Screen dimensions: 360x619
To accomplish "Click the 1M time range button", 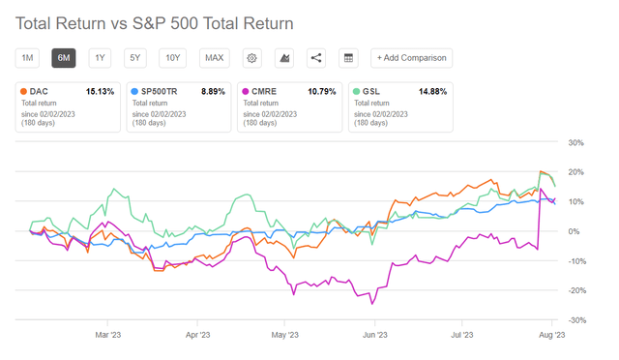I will [28, 58].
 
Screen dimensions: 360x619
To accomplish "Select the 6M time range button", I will [64, 58].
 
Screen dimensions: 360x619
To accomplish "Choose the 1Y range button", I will [100, 58].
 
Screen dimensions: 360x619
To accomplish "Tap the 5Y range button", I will [135, 58].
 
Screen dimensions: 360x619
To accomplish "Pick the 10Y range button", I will [173, 58].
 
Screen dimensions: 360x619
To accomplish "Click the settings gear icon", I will [251, 58].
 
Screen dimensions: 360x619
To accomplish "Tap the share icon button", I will [316, 58].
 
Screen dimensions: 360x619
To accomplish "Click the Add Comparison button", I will [412, 58].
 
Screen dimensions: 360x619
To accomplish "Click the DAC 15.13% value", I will [100, 92].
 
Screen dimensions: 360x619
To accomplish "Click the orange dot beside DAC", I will [23, 92].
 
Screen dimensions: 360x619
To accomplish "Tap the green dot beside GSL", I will [357, 92].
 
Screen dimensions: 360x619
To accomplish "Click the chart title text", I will [155, 21].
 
